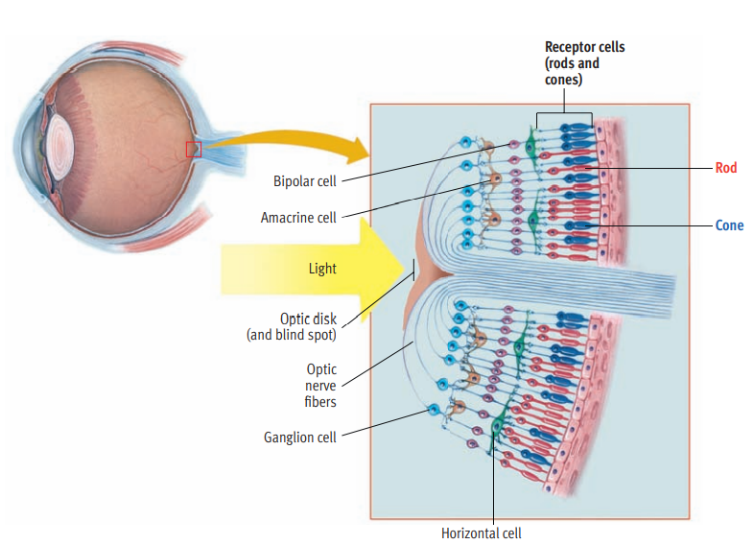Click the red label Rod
[x=725, y=168]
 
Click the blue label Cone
[x=728, y=226]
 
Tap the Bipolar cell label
[x=305, y=180]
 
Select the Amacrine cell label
[x=298, y=218]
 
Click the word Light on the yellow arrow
[x=322, y=269]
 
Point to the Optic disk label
[x=308, y=319]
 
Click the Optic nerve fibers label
[x=321, y=385]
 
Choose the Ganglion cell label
[x=300, y=438]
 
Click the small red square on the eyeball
[x=193, y=149]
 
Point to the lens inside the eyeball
[x=59, y=140]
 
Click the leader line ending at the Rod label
[x=662, y=168]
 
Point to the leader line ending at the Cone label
[x=662, y=226]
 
